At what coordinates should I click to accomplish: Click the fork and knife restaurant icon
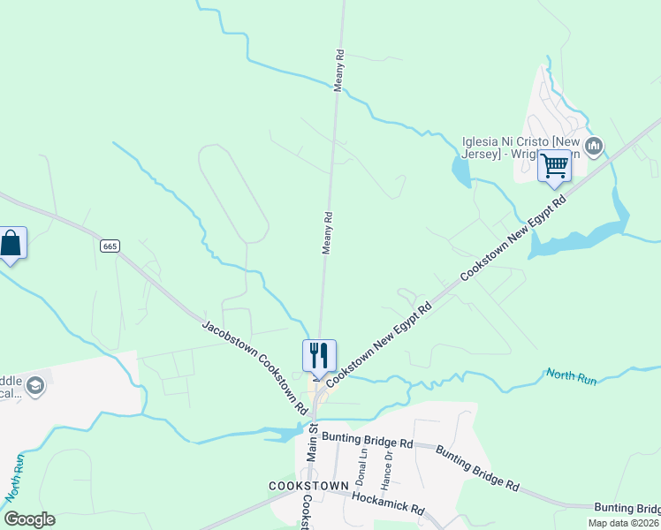[319, 355]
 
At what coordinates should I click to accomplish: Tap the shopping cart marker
[554, 165]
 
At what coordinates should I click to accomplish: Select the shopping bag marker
[11, 243]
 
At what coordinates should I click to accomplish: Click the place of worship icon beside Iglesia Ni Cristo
[595, 144]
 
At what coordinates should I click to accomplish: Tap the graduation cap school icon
[35, 385]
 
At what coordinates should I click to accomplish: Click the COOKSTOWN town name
[307, 487]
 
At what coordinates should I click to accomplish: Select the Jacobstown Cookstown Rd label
[255, 367]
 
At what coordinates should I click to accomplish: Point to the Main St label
[312, 442]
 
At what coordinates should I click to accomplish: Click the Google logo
[29, 519]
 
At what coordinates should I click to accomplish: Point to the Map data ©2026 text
[622, 523]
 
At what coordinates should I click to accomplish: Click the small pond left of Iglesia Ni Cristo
[460, 172]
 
